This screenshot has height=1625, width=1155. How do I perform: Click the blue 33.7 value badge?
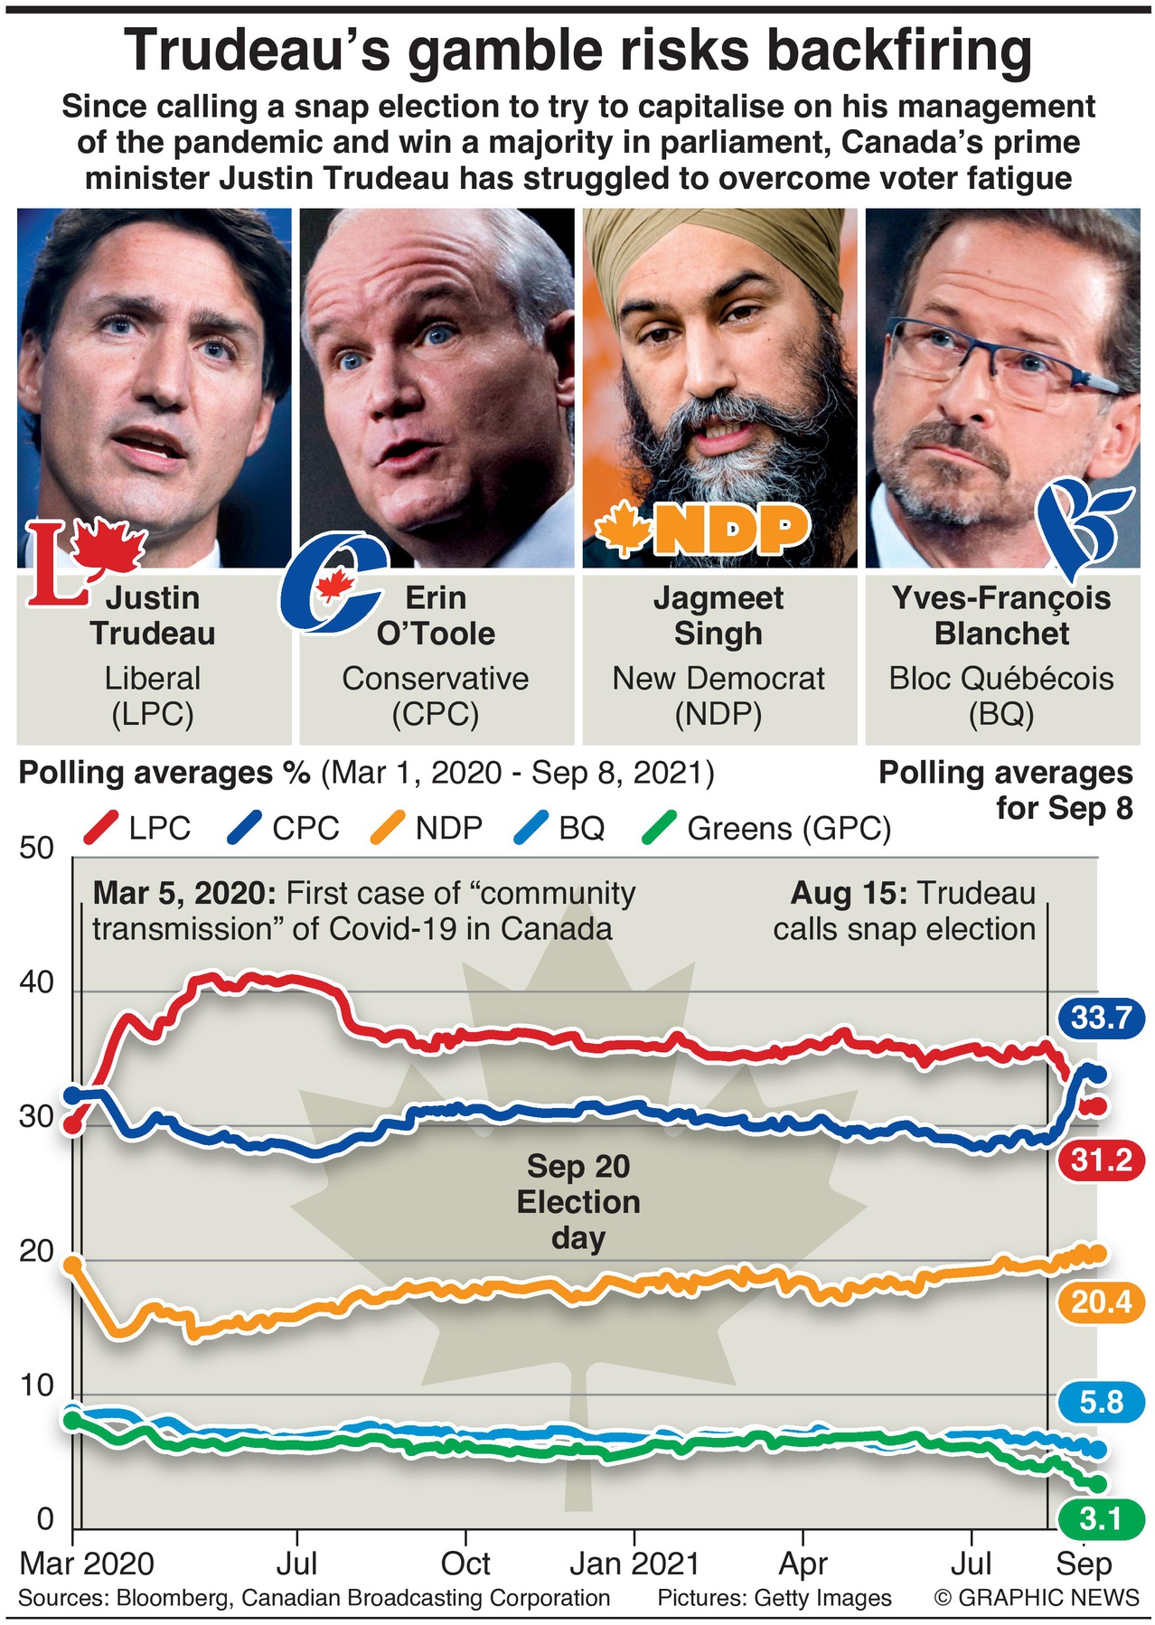tap(1101, 1019)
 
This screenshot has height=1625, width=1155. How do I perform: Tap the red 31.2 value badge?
tap(1101, 1160)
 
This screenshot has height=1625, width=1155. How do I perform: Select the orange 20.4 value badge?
tap(1101, 1301)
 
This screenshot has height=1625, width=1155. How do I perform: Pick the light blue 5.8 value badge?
tap(1101, 1402)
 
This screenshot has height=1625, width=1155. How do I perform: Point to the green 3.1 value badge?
tap(1101, 1519)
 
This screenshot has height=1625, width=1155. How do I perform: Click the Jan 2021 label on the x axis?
tap(634, 1564)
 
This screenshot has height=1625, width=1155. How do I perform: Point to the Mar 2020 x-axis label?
tap(87, 1564)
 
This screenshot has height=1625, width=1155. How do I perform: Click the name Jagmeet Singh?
tap(718, 615)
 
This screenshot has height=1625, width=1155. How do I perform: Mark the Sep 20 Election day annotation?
tap(577, 1202)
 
